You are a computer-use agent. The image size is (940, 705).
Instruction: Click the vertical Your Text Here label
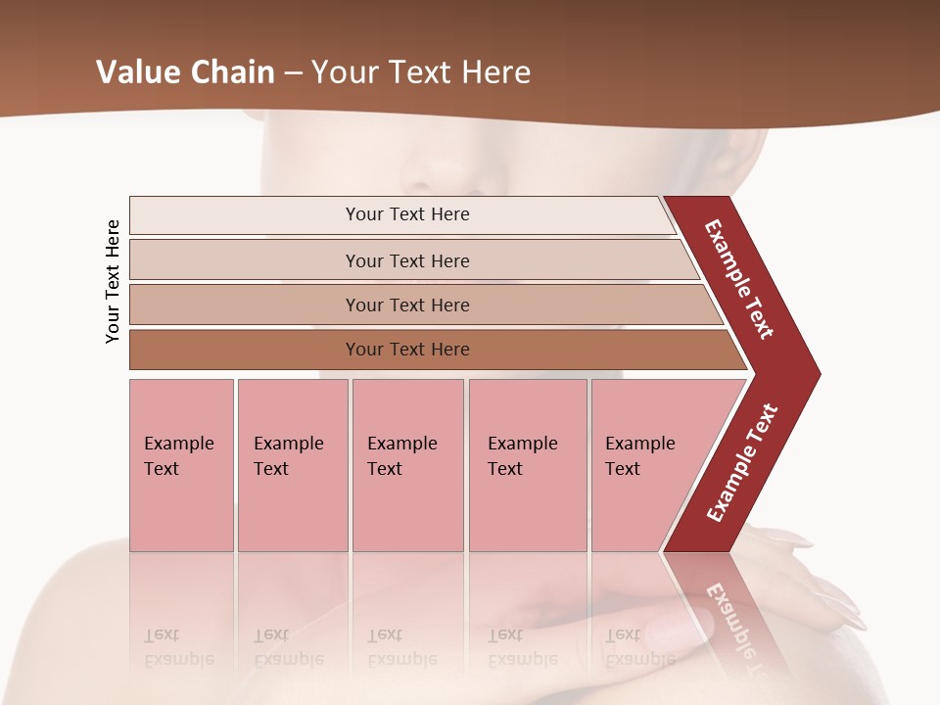pyautogui.click(x=113, y=281)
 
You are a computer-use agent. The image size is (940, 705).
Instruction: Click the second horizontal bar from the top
pyautogui.click(x=407, y=260)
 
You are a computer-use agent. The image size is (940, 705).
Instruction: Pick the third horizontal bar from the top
pyautogui.click(x=407, y=305)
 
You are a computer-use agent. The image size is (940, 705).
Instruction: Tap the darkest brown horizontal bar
pyautogui.click(x=407, y=350)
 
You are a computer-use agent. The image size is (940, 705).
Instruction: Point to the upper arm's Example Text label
pyautogui.click(x=739, y=279)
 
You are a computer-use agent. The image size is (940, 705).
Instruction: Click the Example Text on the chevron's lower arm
pyautogui.click(x=742, y=462)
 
